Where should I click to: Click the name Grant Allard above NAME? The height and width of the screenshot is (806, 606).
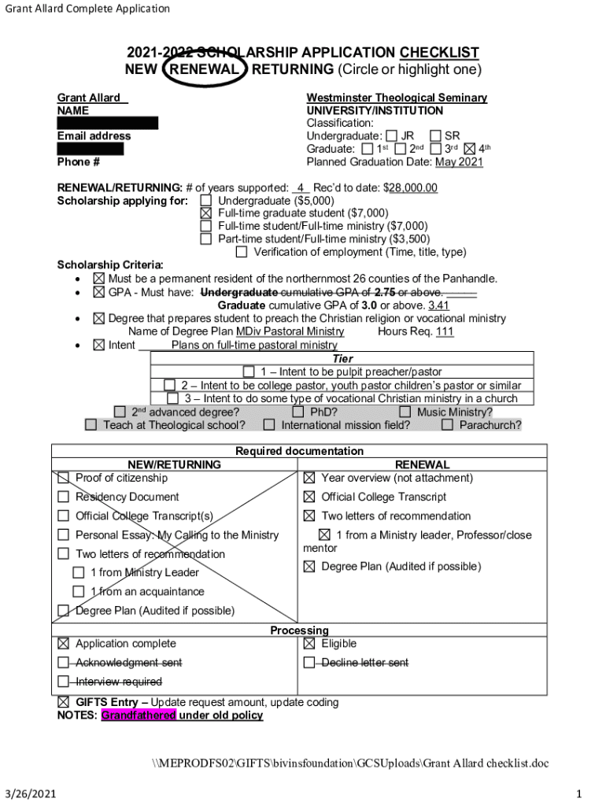pos(89,98)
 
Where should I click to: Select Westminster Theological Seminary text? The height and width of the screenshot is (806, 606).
pos(397,98)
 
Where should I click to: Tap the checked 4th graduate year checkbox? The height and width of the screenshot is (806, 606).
pos(471,149)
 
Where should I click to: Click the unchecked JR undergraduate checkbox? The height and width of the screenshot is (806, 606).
pos(392,136)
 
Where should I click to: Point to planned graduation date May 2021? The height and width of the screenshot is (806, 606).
pos(459,162)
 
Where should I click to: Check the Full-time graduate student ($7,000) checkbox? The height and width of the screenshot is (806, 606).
pos(206,213)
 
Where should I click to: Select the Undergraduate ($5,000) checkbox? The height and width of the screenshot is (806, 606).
pos(206,200)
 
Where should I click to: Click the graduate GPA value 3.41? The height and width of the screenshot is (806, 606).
pos(439,305)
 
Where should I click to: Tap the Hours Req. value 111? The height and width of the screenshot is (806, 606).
pos(445,332)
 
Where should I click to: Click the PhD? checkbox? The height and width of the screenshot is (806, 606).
pos(298,412)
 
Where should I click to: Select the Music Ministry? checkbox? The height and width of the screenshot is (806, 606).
pos(405,412)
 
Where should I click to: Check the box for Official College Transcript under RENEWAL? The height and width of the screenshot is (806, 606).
pos(309,497)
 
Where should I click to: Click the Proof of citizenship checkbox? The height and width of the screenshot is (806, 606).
pos(64,478)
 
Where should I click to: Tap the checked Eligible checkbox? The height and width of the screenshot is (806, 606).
pos(309,643)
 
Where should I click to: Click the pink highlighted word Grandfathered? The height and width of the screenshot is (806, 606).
pos(139,715)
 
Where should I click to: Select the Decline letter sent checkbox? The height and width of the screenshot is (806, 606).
pos(309,663)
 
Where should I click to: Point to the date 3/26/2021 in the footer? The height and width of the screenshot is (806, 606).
pos(28,792)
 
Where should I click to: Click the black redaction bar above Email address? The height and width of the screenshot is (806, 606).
pos(107,123)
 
